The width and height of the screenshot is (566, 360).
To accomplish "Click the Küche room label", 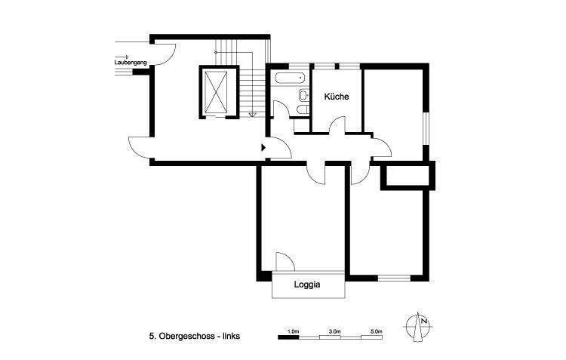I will click(x=336, y=97).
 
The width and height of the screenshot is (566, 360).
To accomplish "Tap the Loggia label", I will click(x=308, y=285).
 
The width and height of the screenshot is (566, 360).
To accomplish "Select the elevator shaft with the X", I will click(x=217, y=93).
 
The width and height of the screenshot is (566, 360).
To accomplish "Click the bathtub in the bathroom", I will click(x=289, y=77).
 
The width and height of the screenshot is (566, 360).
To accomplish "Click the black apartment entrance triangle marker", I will click(x=264, y=148).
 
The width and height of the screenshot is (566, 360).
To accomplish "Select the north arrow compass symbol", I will click(x=419, y=325).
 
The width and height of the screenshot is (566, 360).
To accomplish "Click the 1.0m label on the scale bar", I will click(x=294, y=331).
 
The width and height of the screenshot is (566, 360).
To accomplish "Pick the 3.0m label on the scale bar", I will click(x=335, y=331).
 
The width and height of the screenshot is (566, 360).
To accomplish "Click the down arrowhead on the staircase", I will click(x=253, y=114).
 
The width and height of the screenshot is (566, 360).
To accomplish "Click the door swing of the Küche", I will click(x=337, y=125).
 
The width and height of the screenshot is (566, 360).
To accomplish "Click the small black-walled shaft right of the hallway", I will click(x=408, y=177).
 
